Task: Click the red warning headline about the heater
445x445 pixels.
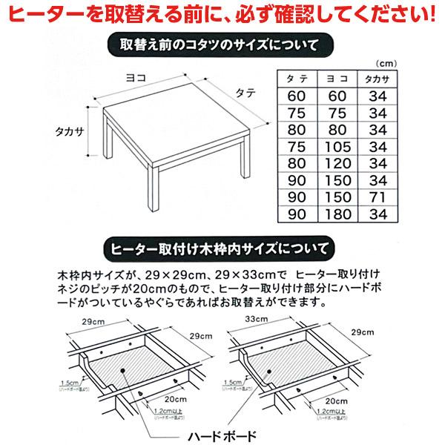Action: [222, 14]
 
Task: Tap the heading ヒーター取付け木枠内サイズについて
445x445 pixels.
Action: [222, 245]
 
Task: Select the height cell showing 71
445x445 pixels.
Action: [378, 198]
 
